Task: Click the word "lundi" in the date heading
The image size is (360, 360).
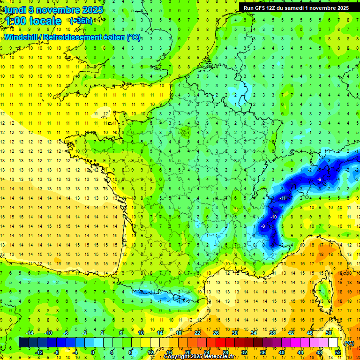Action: [15, 10]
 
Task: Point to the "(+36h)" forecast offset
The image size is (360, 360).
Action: [81, 21]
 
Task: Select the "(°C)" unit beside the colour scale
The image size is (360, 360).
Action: [349, 343]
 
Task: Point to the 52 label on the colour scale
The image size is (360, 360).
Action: [338, 352]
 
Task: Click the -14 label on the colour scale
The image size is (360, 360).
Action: [29, 333]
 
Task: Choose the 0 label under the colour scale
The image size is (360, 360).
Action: [93, 352]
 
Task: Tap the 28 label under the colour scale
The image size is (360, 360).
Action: [225, 352]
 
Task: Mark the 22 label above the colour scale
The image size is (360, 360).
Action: [197, 333]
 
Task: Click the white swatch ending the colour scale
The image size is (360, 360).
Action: [333, 343]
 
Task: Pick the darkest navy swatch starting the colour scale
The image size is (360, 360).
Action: [23, 343]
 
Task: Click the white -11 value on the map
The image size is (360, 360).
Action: [283, 198]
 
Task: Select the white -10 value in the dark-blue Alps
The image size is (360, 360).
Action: [273, 217]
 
